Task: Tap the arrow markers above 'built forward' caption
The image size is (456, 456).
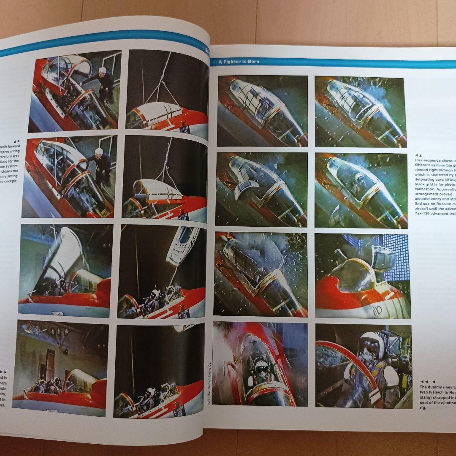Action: click(17, 141)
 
